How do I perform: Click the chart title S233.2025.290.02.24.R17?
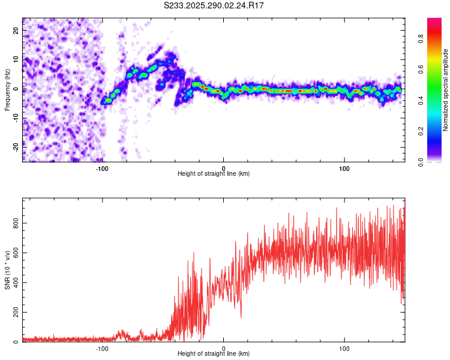coord(214,5)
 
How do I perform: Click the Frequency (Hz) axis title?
coord(7,89)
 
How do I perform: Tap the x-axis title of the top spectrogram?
coord(214,174)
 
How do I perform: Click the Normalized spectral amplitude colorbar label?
coord(445,90)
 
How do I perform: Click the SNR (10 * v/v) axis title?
coord(7,271)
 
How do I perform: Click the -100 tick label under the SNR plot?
coord(102,348)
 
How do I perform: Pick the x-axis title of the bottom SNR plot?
coord(214,355)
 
